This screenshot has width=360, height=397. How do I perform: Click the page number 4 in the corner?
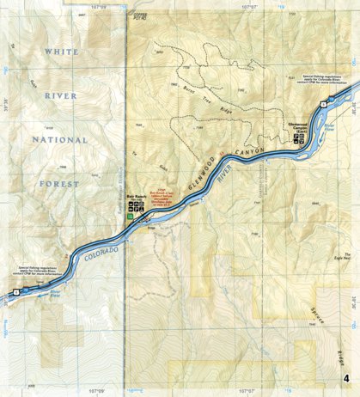tap(345, 380)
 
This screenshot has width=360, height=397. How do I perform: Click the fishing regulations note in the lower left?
tap(41, 272)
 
